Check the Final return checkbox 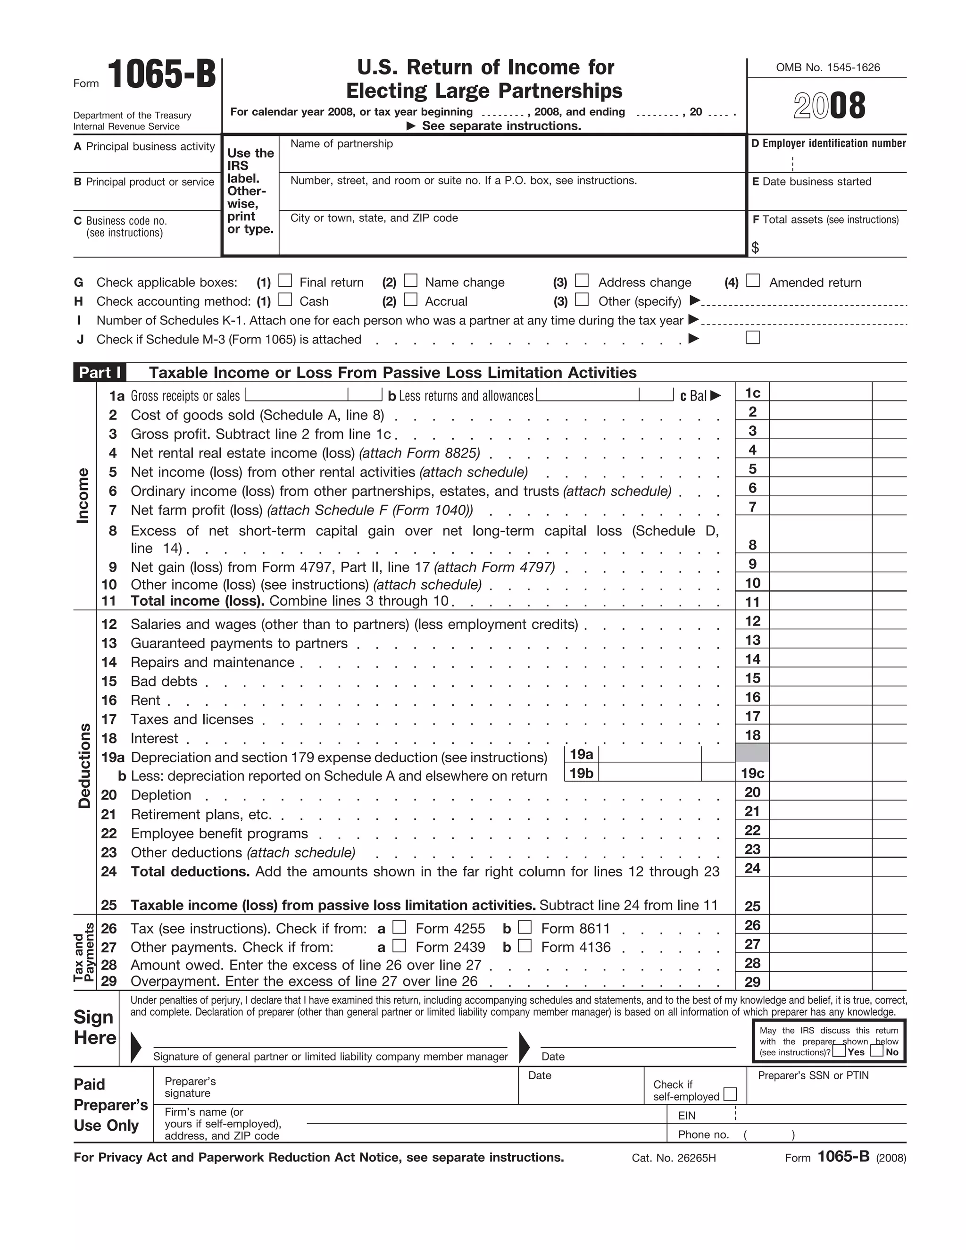(285, 281)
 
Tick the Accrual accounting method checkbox (410, 300)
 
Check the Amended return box (753, 281)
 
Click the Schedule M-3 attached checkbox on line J (753, 338)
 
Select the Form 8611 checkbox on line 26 (525, 927)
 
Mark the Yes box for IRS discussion (838, 1051)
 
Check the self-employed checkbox (730, 1094)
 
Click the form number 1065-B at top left (161, 75)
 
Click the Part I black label (100, 373)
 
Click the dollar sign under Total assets (756, 247)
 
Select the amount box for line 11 (820, 601)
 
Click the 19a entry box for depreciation (650, 754)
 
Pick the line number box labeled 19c (752, 773)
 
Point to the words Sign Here (95, 1027)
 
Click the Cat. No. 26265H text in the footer (674, 1158)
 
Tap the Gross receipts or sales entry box (296, 395)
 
